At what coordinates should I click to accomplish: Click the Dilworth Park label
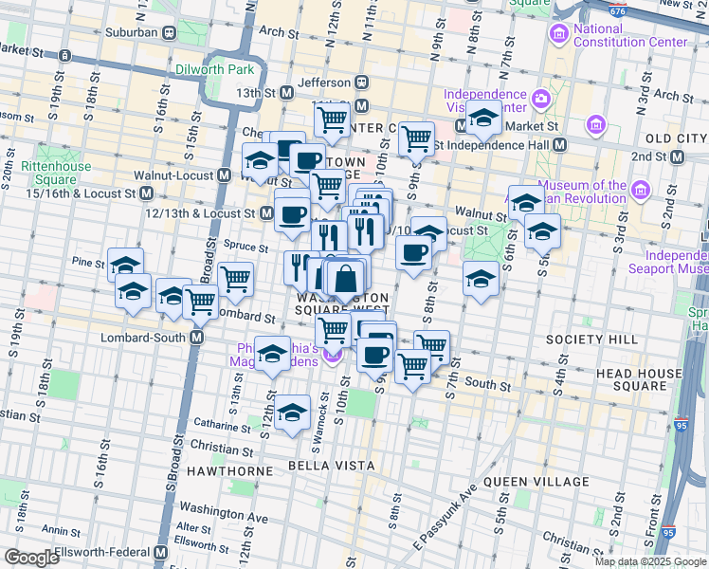point(215,69)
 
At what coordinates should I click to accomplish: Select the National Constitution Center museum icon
point(557,36)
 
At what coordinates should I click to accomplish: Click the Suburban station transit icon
point(169,32)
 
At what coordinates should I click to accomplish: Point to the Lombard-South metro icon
point(197,338)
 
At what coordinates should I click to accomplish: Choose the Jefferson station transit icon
point(361,83)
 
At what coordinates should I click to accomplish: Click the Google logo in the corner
point(31,558)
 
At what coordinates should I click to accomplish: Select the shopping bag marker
point(346,279)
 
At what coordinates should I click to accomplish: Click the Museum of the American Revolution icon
point(641,193)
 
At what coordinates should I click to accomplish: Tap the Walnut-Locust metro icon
point(225,175)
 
